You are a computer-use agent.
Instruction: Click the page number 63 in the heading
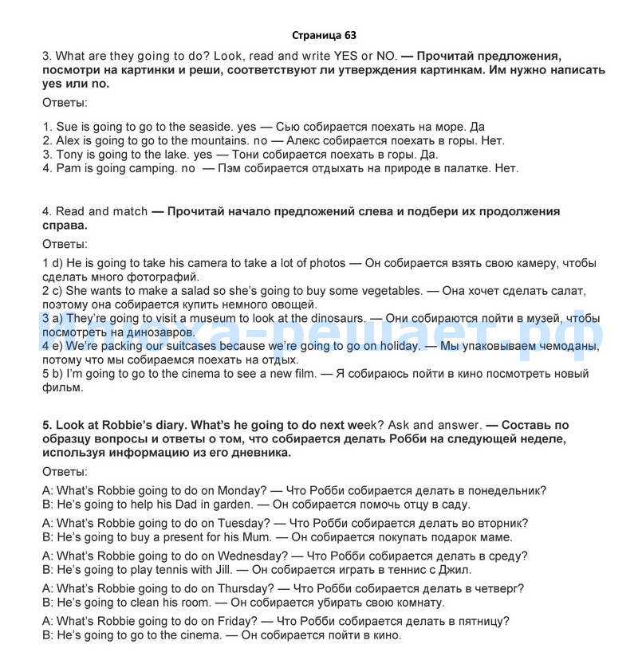pyautogui.click(x=351, y=35)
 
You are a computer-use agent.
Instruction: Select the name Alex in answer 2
pyautogui.click(x=69, y=140)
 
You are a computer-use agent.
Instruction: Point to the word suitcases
pyautogui.click(x=191, y=346)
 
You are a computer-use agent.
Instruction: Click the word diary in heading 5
pyautogui.click(x=168, y=426)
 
